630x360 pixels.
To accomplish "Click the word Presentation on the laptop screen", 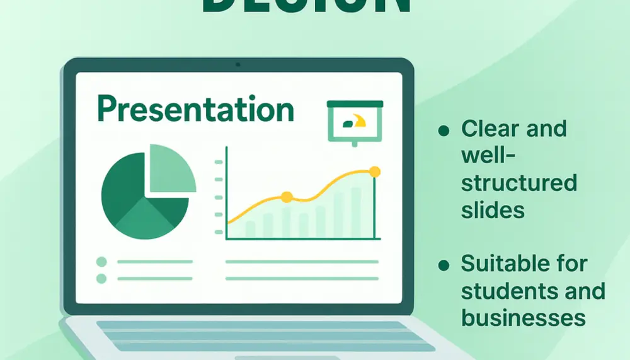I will coord(196,109).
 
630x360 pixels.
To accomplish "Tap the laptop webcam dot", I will coord(238,64).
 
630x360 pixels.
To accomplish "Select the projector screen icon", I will coord(355,122).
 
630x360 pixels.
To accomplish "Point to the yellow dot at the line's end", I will coord(375,171).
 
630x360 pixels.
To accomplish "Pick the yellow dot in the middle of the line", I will coord(287,197).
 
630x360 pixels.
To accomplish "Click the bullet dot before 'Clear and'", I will coord(444,131).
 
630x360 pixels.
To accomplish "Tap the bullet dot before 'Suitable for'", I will coord(444,265).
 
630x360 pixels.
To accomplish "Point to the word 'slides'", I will coord(493,209).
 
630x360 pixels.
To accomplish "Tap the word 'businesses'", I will coord(523,317).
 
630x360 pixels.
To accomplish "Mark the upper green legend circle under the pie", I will coord(101,262).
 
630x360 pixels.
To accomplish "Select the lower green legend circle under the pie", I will coord(101,278).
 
